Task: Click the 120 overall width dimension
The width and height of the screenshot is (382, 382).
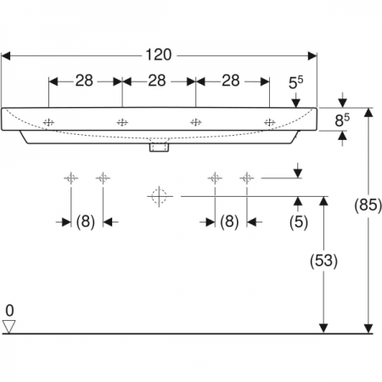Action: pyautogui.click(x=159, y=54)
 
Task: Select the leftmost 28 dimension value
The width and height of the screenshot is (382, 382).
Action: pyautogui.click(x=84, y=81)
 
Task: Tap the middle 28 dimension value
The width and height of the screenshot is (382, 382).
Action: pyautogui.click(x=157, y=81)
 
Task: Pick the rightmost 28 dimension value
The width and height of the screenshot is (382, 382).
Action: pyautogui.click(x=231, y=81)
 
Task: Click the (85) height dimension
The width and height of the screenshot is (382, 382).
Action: pyautogui.click(x=368, y=205)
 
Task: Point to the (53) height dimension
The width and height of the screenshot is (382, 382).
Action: pyautogui.click(x=323, y=261)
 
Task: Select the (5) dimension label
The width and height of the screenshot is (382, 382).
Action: pyautogui.click(x=299, y=222)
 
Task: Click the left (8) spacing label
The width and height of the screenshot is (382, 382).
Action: pyautogui.click(x=86, y=222)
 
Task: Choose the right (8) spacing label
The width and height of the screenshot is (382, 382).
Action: pyautogui.click(x=229, y=222)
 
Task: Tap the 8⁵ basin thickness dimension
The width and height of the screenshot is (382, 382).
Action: pyautogui.click(x=342, y=120)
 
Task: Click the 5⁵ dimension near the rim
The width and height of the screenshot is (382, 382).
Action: pyautogui.click(x=295, y=82)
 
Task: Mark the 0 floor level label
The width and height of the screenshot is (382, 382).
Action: pyautogui.click(x=9, y=311)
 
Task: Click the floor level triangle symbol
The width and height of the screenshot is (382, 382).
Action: pyautogui.click(x=8, y=327)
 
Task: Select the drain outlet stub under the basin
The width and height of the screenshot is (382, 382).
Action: pyautogui.click(x=159, y=148)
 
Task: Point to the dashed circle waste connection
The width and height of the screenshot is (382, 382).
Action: pyautogui.click(x=159, y=196)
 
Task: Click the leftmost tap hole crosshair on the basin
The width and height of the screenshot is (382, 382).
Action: pyautogui.click(x=48, y=122)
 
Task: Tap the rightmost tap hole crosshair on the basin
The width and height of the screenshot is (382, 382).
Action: pyautogui.click(x=269, y=122)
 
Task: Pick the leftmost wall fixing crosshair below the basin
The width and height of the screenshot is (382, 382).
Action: pyautogui.click(x=70, y=178)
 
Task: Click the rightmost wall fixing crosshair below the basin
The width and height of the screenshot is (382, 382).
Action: pyautogui.click(x=247, y=178)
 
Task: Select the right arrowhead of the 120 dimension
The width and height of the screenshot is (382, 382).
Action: pyautogui.click(x=312, y=56)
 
